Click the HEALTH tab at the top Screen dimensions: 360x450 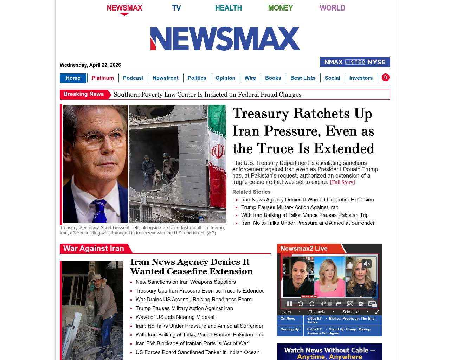coord(228,8)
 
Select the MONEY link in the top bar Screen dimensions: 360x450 coord(280,8)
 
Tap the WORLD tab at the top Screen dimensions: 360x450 coord(332,8)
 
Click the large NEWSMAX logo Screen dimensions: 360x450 coord(225,39)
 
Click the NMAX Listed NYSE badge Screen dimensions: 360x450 coord(355,62)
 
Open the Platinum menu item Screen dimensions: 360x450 coord(103,78)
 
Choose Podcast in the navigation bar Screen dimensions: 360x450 coord(133,78)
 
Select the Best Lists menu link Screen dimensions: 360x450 coord(303,78)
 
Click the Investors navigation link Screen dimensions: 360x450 coord(361,78)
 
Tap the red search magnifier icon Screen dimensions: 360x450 coord(386,77)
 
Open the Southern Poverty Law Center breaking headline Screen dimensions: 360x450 coord(207,95)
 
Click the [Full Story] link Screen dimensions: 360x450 coord(342,182)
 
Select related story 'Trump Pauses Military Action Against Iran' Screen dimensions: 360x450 coord(290,207)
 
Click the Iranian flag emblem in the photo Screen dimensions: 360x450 coord(218,152)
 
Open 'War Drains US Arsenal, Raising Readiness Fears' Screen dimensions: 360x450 coord(193,300)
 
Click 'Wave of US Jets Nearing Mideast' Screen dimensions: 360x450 coord(175,317)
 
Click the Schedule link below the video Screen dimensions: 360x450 coord(350,312)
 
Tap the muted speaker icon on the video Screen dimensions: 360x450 coord(367,264)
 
